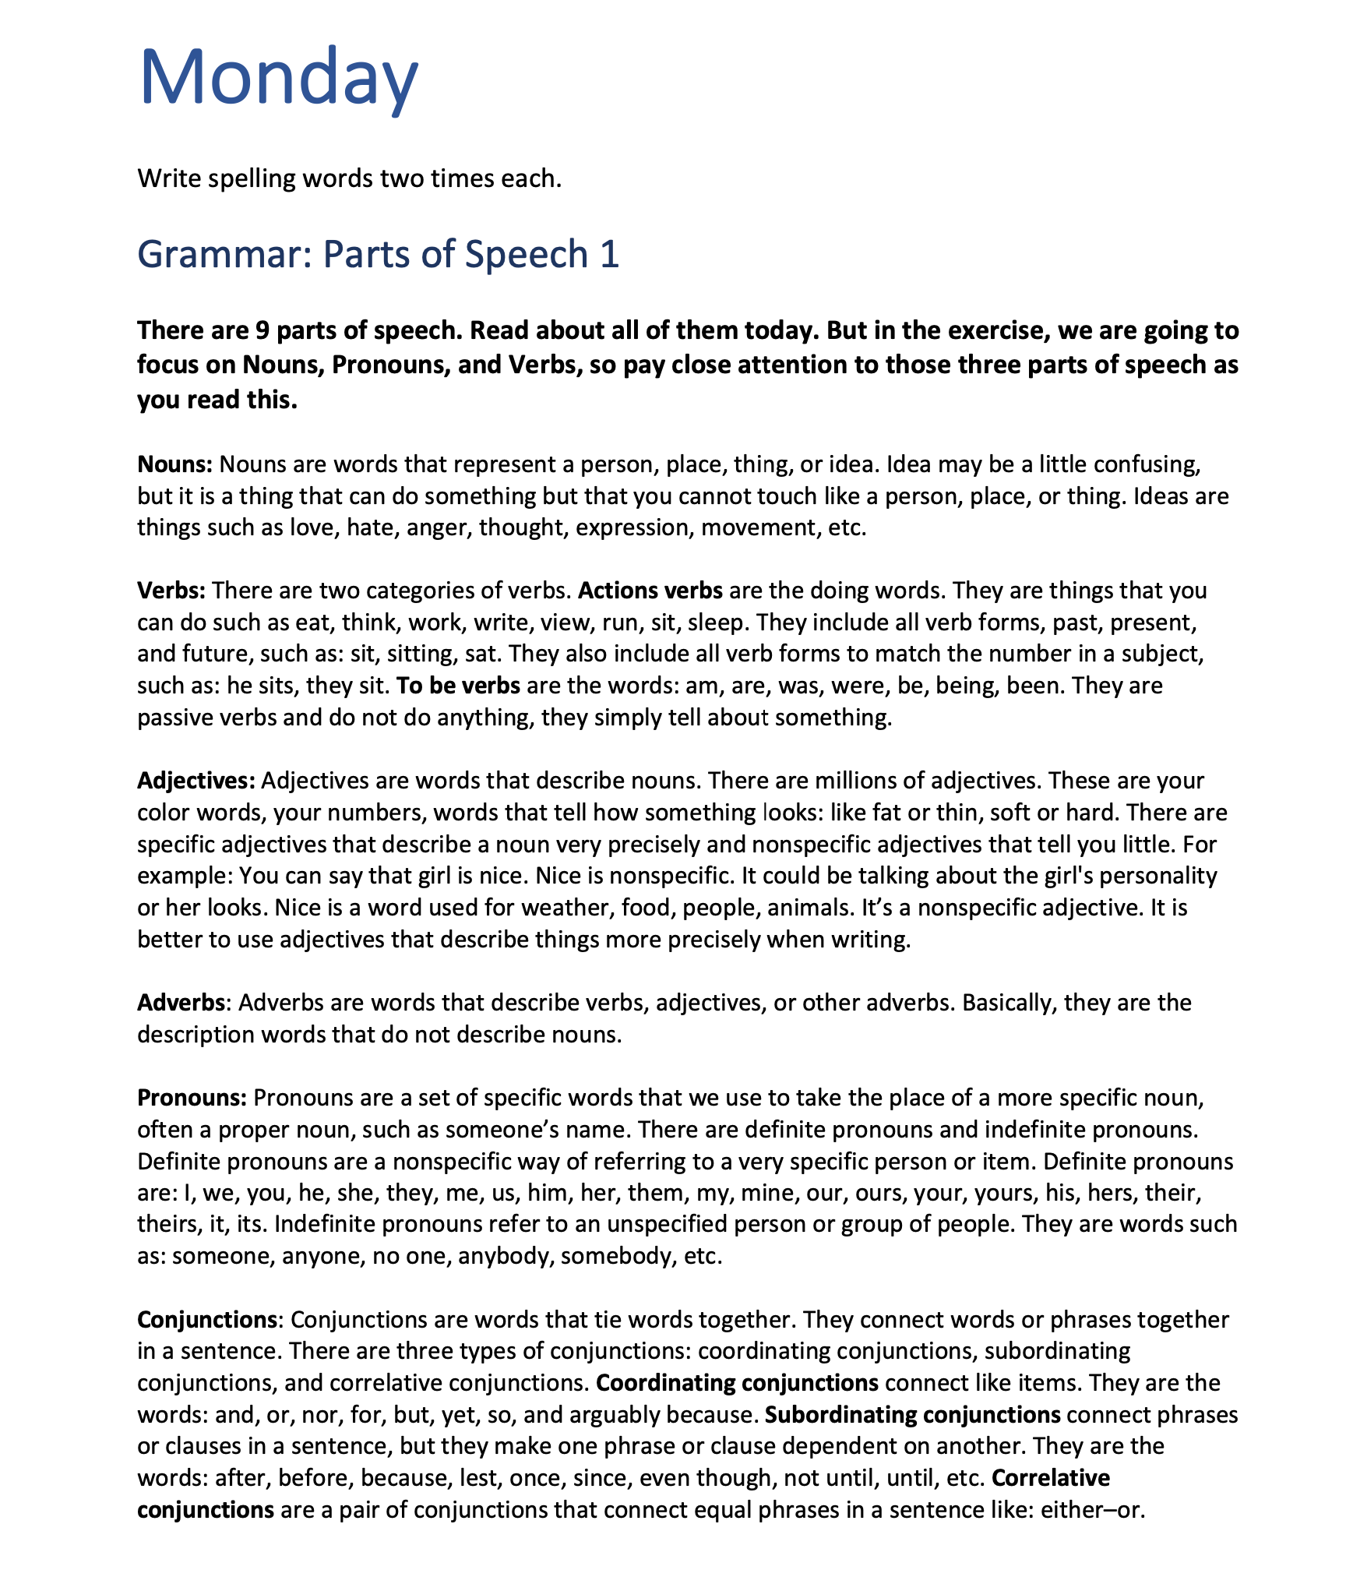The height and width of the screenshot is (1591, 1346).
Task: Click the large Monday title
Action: coord(278,78)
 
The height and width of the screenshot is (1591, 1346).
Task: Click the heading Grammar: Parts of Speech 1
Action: coord(378,254)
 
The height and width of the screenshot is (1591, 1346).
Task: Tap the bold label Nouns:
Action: coord(175,464)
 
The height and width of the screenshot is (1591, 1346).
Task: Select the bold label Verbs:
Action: coord(171,591)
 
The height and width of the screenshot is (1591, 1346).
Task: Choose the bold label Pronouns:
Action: coord(192,1099)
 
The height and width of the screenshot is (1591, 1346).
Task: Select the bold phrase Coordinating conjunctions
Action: coord(737,1384)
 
